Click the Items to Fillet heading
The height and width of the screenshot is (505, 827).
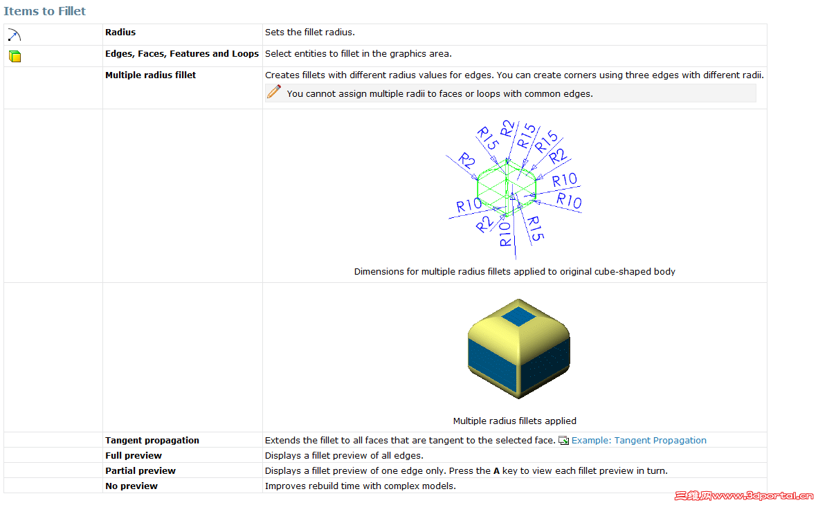pyautogui.click(x=44, y=11)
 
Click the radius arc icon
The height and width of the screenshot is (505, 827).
pyautogui.click(x=15, y=35)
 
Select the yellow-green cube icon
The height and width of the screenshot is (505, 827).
pyautogui.click(x=15, y=57)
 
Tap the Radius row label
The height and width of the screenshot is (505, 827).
pyautogui.click(x=120, y=32)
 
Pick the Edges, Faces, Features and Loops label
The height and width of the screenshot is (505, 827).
pyautogui.click(x=182, y=54)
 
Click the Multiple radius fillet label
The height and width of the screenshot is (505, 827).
pyautogui.click(x=150, y=75)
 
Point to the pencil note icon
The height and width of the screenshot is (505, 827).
pyautogui.click(x=274, y=92)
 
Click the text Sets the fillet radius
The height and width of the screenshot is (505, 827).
pyautogui.click(x=309, y=32)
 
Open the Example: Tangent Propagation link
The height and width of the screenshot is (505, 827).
pyautogui.click(x=639, y=440)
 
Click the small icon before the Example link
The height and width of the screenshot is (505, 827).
pyautogui.click(x=563, y=440)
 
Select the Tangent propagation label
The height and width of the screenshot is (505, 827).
pyautogui.click(x=152, y=440)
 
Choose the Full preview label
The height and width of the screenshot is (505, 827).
pyautogui.click(x=134, y=455)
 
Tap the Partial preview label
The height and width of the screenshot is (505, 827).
pyautogui.click(x=140, y=470)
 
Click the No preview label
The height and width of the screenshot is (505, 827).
pyautogui.click(x=131, y=486)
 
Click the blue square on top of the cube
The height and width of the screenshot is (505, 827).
pyautogui.click(x=518, y=317)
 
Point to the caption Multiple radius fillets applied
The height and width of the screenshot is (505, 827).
pyautogui.click(x=515, y=421)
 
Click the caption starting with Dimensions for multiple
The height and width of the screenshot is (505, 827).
pyautogui.click(x=515, y=271)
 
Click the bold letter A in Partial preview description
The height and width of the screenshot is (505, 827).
pyautogui.click(x=496, y=470)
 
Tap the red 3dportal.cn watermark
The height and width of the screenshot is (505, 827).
pyautogui.click(x=744, y=495)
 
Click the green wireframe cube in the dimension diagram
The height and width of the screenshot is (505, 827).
pyautogui.click(x=507, y=188)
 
